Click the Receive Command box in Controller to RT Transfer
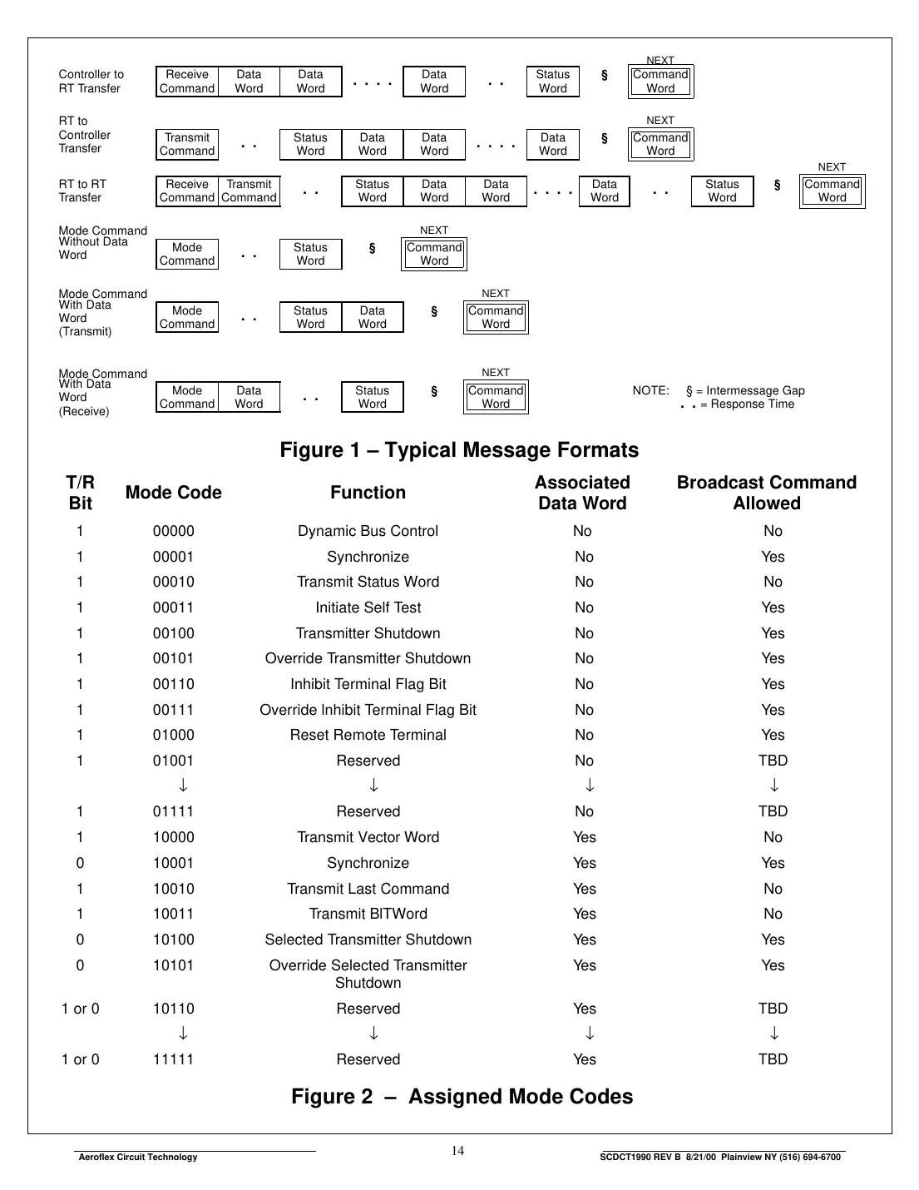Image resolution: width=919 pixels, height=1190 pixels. click(x=187, y=82)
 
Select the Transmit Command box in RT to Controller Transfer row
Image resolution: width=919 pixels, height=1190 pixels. click(x=187, y=144)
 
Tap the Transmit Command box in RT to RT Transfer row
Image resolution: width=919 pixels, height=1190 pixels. click(x=249, y=191)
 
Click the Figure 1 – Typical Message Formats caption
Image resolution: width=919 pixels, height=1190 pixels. click(x=459, y=450)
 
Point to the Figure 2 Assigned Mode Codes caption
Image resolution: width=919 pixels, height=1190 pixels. click(x=462, y=1097)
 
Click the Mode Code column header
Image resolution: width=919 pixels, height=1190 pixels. click(x=173, y=493)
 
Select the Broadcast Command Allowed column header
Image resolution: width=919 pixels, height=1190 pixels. click(x=766, y=493)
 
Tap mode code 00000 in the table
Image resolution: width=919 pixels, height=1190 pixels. click(x=173, y=531)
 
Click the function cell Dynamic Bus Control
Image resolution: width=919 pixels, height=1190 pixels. click(x=368, y=531)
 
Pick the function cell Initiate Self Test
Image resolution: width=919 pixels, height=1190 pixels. click(x=368, y=607)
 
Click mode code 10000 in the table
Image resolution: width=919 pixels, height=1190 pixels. click(x=173, y=837)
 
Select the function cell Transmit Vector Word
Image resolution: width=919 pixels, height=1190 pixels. click(x=368, y=837)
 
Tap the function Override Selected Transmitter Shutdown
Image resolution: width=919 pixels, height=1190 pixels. click(x=368, y=974)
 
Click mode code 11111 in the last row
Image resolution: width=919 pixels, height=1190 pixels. click(x=173, y=1059)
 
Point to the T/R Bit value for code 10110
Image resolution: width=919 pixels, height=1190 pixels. click(x=80, y=1009)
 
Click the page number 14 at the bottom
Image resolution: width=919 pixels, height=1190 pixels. click(x=457, y=1151)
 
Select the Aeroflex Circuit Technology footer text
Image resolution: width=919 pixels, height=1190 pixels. click(x=138, y=1157)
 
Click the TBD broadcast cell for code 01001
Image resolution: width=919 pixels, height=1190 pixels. click(x=773, y=761)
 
